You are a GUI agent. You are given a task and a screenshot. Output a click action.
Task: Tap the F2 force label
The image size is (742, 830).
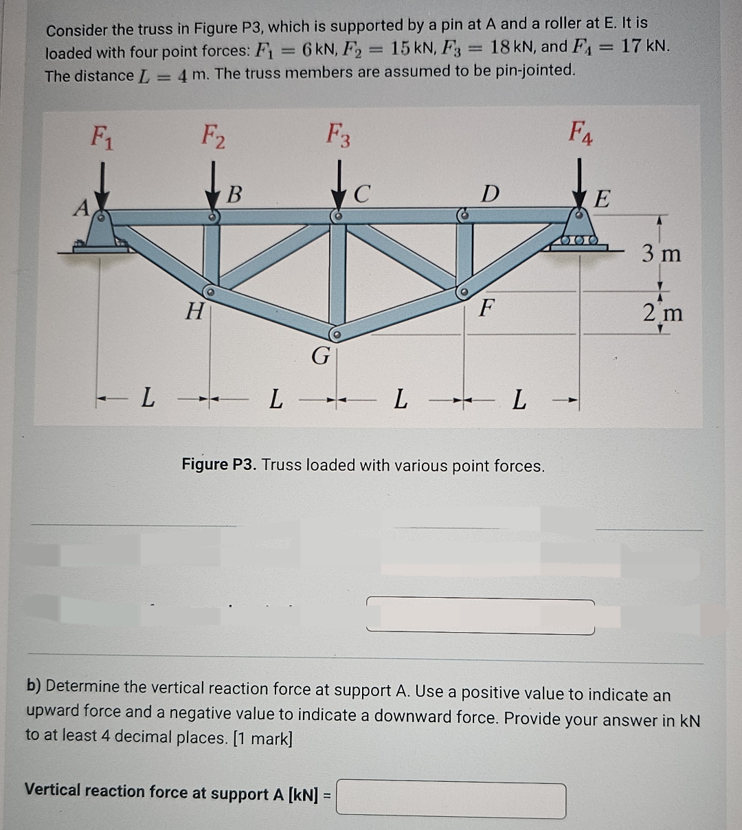[x=213, y=135]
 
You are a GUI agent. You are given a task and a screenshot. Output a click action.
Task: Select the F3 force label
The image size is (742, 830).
[x=338, y=135]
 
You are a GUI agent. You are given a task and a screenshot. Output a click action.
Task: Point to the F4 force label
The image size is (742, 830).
[x=581, y=132]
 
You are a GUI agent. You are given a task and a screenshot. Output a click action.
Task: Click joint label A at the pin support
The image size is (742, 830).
[x=82, y=207]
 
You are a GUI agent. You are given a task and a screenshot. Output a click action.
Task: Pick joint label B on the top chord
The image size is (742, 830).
[x=234, y=194]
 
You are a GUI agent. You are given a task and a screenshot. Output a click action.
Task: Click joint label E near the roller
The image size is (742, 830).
[x=602, y=199]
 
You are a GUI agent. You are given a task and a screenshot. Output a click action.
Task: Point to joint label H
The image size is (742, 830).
[x=195, y=312]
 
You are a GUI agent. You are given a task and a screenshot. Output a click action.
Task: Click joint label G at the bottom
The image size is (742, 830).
[x=320, y=356]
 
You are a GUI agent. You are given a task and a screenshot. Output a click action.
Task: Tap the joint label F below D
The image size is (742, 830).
[x=486, y=307]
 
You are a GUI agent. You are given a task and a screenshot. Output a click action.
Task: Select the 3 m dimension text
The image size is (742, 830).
[x=662, y=254]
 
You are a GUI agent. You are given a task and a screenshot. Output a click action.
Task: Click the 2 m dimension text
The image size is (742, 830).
[x=663, y=313]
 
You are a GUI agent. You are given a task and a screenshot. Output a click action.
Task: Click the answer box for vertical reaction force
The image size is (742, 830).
[x=451, y=800]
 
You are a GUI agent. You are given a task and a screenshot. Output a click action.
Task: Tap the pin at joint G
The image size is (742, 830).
[x=336, y=335]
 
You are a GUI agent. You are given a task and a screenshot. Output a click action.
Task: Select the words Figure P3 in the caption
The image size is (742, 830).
[x=218, y=464]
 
